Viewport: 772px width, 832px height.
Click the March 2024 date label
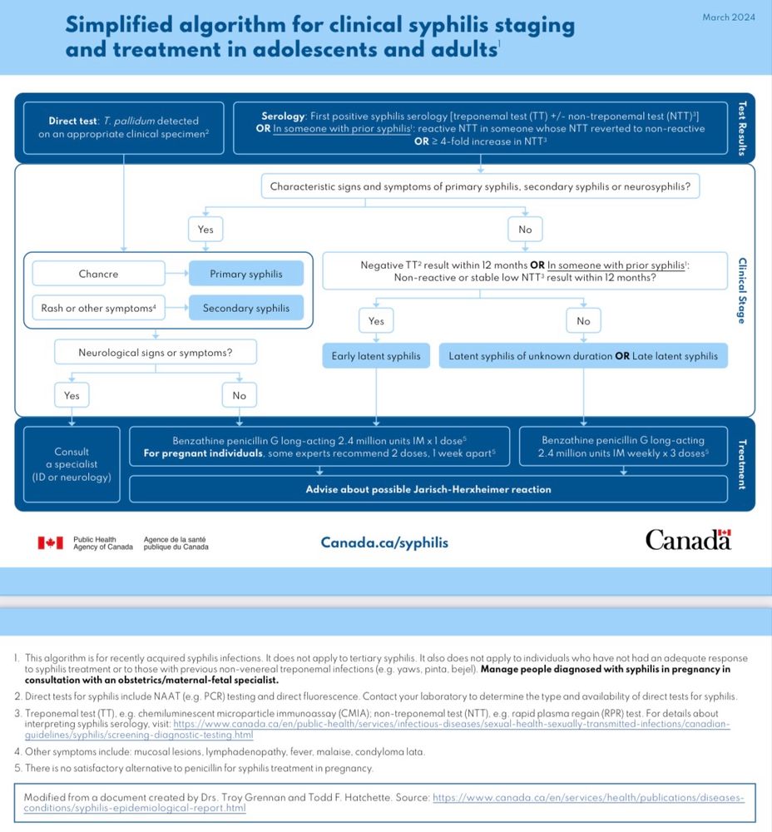(x=728, y=17)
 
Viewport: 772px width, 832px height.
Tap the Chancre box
(x=98, y=274)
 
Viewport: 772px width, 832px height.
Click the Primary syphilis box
(x=245, y=274)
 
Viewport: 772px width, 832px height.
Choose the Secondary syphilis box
(x=245, y=308)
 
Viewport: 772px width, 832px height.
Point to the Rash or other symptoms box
(x=98, y=308)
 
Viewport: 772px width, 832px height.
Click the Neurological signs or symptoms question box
(x=155, y=353)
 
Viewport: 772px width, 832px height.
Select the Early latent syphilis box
(x=376, y=356)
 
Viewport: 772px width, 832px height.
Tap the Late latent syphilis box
(x=583, y=356)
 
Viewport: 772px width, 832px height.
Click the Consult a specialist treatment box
(x=71, y=464)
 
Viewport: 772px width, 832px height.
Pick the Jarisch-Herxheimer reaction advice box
(x=428, y=489)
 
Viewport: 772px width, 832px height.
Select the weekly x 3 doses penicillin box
(x=624, y=446)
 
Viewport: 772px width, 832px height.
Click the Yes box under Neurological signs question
(x=72, y=395)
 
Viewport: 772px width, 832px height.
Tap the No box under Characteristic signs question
(x=525, y=229)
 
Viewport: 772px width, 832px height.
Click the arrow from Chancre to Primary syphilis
(x=176, y=274)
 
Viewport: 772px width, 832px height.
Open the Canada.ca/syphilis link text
(x=384, y=542)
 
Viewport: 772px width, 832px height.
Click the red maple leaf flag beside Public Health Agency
(x=50, y=542)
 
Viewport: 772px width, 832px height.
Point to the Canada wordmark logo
(x=688, y=541)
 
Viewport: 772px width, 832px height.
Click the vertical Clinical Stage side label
(x=742, y=290)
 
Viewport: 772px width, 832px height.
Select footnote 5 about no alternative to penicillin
(x=193, y=768)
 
